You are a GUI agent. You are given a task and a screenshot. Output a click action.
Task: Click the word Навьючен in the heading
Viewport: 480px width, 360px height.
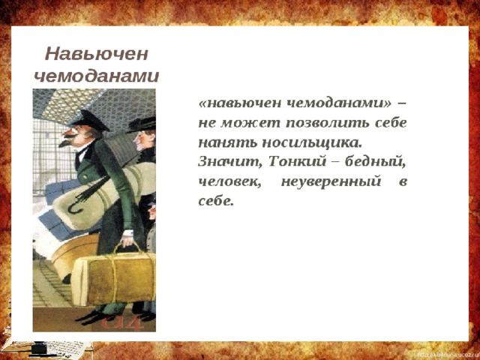(97, 55)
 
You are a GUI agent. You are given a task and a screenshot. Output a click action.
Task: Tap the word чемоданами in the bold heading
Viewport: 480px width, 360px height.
(97, 76)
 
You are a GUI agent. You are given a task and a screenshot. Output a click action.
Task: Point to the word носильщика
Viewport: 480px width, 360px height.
(312, 142)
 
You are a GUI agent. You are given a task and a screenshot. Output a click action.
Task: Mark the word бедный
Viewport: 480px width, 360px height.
(375, 162)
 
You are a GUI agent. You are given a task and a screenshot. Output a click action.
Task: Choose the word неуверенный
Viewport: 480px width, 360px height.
(331, 181)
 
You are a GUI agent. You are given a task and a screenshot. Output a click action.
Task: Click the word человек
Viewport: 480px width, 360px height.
(229, 181)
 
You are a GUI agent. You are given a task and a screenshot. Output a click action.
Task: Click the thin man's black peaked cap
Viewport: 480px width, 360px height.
(90, 120)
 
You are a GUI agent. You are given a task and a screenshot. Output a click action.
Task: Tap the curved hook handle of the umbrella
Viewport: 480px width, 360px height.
(74, 206)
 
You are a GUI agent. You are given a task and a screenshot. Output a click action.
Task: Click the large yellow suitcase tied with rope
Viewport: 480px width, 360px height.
(114, 278)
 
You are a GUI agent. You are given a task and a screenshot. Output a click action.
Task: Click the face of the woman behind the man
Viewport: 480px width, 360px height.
(143, 141)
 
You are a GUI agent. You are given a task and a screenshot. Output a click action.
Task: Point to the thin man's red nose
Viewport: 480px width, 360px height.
(68, 132)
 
